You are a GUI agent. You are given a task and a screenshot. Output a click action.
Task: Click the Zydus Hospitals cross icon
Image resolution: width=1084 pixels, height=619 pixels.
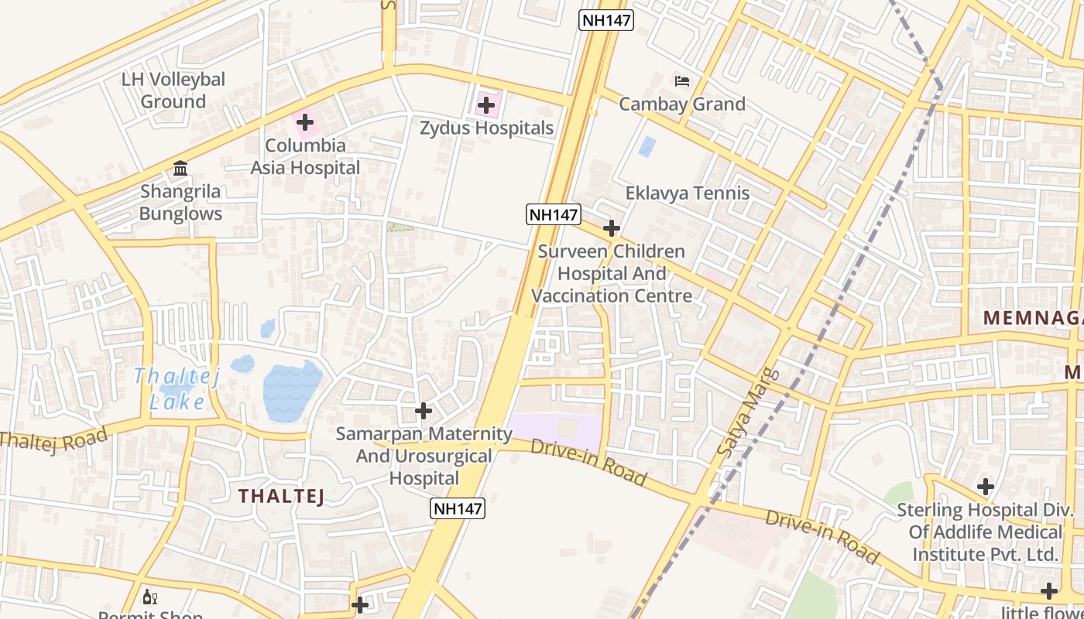click(x=486, y=104)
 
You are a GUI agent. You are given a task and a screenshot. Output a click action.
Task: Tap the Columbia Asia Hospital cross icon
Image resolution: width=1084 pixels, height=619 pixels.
click(x=305, y=122)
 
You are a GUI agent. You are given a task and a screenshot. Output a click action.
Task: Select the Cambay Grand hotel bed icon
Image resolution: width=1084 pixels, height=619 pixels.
click(x=681, y=80)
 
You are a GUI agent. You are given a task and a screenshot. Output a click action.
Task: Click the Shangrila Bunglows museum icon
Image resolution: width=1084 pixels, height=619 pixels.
click(x=180, y=169)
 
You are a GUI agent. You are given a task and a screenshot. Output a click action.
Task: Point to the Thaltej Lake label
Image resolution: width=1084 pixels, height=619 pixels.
click(x=177, y=389)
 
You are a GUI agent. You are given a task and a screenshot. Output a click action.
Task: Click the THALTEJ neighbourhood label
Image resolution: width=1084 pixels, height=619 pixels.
click(x=281, y=497)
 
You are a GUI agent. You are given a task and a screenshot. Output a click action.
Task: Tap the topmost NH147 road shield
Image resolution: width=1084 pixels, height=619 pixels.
click(x=606, y=20)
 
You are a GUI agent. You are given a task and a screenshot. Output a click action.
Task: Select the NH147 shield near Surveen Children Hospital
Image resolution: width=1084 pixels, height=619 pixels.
click(x=553, y=214)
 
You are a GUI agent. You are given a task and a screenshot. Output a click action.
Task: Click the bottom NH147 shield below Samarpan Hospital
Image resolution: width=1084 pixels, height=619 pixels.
click(x=458, y=508)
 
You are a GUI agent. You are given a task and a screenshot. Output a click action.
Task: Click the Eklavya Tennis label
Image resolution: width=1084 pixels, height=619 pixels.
click(x=687, y=193)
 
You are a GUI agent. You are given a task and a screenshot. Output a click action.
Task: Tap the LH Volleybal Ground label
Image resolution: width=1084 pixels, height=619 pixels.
click(x=173, y=90)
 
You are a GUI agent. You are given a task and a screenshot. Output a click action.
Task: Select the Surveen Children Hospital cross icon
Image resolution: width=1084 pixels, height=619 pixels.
click(x=612, y=228)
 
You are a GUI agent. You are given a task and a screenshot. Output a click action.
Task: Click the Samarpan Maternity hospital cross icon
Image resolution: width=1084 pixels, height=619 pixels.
click(x=423, y=410)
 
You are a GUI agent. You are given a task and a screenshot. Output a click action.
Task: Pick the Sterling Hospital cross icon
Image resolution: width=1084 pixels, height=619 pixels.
click(x=985, y=487)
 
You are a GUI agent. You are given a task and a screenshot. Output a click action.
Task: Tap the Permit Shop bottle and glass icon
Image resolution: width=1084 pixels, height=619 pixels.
click(x=150, y=597)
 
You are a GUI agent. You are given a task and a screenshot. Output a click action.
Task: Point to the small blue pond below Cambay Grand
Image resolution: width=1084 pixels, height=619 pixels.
click(x=647, y=147)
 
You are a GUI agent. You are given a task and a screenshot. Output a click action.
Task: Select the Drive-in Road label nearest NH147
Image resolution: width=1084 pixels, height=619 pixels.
click(x=588, y=463)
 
